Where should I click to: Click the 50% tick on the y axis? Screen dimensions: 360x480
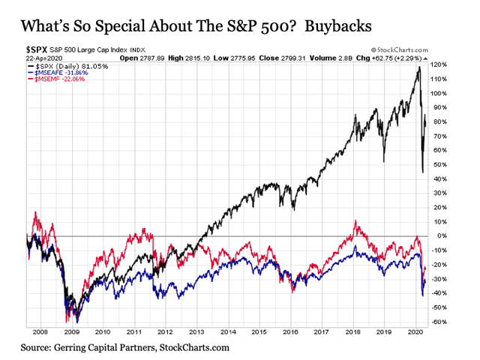[440, 164]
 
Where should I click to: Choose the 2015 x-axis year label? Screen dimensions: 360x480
[259, 330]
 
